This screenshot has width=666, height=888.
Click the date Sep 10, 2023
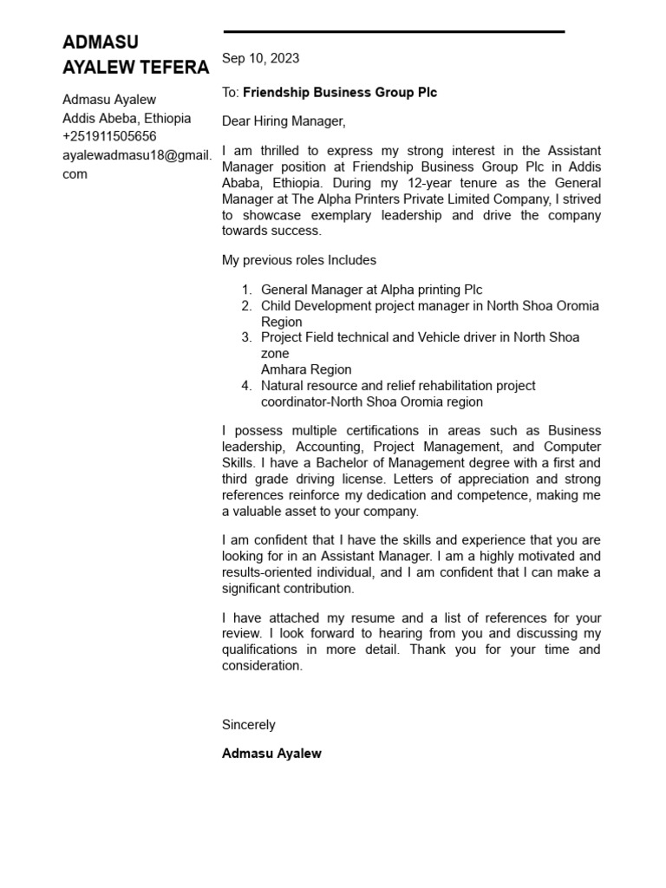(260, 58)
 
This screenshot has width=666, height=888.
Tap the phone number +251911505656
(109, 136)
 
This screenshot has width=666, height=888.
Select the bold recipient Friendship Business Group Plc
(340, 92)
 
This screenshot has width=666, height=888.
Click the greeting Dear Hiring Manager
(284, 121)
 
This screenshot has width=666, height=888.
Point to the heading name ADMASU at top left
(101, 42)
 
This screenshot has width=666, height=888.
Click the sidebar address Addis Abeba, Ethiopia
(127, 118)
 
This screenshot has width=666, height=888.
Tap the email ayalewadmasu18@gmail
(136, 155)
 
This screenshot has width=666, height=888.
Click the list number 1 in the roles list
(246, 290)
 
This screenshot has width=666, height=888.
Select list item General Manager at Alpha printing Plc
(371, 290)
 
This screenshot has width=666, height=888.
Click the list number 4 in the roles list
(246, 385)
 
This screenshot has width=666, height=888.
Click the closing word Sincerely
(248, 724)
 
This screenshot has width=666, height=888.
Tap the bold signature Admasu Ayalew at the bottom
(271, 754)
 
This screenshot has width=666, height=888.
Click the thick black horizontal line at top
(394, 32)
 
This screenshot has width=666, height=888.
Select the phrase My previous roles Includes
(299, 260)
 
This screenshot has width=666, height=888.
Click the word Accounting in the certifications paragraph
(328, 447)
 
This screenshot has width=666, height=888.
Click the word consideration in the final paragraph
(261, 666)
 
